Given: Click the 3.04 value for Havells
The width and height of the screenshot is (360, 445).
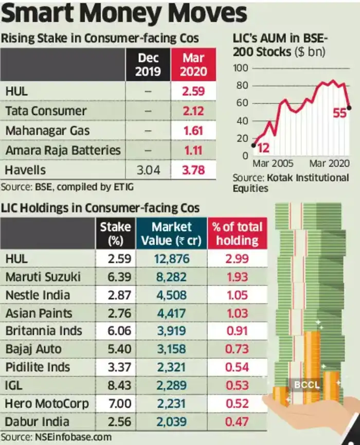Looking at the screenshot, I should click(x=147, y=170).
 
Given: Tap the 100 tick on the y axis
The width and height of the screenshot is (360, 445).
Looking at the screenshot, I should click(x=241, y=68).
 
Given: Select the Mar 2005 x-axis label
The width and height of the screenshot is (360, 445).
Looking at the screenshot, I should click(x=273, y=164).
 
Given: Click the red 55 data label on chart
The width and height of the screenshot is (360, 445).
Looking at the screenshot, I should click(x=340, y=113).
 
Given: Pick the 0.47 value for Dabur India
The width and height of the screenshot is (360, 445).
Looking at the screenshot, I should click(x=237, y=422).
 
